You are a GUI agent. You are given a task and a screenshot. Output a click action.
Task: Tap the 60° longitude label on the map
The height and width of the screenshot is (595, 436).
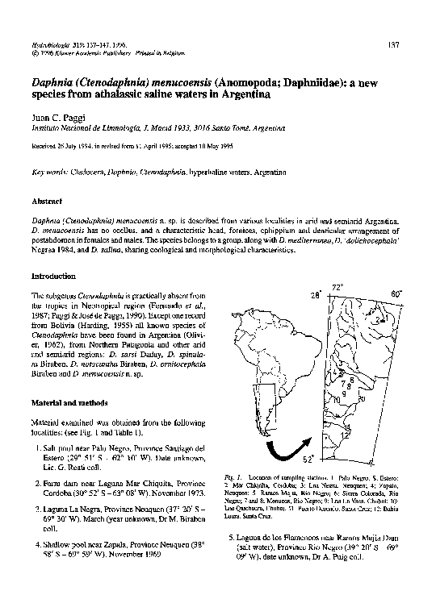(x=396, y=294)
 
